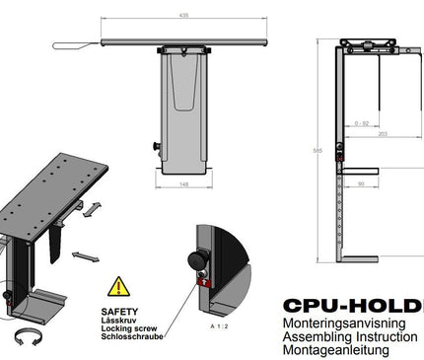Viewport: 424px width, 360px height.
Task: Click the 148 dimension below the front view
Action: tap(184, 183)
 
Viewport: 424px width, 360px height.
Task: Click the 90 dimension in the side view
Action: tap(362, 183)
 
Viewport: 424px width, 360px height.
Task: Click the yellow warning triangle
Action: tap(117, 287)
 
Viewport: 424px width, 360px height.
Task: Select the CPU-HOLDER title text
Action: tap(352, 306)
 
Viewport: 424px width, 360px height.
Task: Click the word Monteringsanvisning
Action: tap(346, 323)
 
